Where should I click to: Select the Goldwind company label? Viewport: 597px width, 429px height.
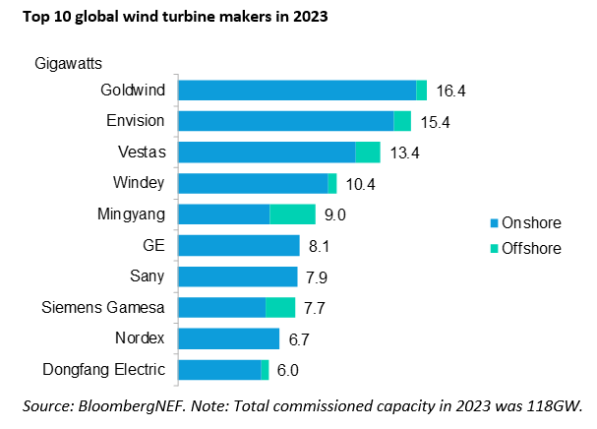pos(133,91)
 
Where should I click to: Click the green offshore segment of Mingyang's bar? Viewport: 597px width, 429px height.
pos(292,214)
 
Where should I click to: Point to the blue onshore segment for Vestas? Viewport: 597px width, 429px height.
pos(266,152)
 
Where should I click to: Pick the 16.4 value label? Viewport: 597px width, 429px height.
pos(450,91)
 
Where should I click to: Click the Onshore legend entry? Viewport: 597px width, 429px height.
pos(526,223)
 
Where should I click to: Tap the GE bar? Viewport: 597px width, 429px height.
pos(238,245)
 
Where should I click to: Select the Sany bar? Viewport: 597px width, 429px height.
pos(237,276)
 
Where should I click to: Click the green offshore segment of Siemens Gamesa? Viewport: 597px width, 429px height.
pos(280,307)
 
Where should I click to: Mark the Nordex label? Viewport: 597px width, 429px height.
pos(140,338)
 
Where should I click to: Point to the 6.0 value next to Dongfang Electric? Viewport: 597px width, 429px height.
pos(287,370)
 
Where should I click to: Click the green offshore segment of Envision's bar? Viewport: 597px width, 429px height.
pos(401,121)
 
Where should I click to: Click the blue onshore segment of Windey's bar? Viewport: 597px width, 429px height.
pos(252,183)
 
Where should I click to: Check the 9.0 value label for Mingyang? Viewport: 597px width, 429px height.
pos(334,214)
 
